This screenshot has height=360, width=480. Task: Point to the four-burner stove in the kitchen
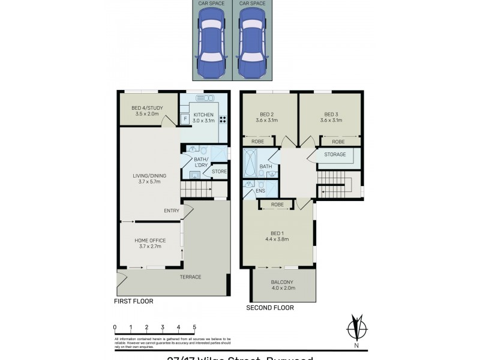[x=223, y=119]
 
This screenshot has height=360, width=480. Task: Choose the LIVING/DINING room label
[x=149, y=178]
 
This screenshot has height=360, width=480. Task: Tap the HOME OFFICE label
[x=149, y=243]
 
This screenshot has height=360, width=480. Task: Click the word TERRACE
[x=190, y=277]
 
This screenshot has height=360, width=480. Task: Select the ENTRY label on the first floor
[x=172, y=211]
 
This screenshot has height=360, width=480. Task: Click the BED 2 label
[x=267, y=117]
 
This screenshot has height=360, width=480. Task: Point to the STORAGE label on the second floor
[x=335, y=155]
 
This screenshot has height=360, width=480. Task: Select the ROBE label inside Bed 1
[x=277, y=205]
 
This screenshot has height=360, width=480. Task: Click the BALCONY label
[x=282, y=285]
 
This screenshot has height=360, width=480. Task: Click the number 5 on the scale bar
[x=194, y=328]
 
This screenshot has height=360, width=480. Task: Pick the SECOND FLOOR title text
[x=269, y=308]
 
